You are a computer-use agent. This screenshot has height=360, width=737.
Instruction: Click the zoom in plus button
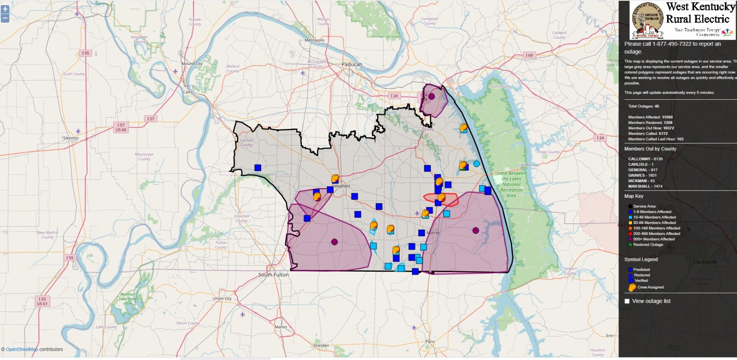pyautogui.click(x=5, y=9)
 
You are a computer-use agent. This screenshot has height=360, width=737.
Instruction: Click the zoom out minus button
pyautogui.click(x=5, y=18)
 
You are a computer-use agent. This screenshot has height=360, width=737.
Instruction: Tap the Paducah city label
pyautogui.click(x=352, y=64)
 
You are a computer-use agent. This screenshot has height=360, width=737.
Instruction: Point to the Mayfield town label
pyautogui.click(x=342, y=186)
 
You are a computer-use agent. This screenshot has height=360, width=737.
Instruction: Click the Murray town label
pyautogui.click(x=433, y=232)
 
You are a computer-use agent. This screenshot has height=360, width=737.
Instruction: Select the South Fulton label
pyautogui.click(x=273, y=275)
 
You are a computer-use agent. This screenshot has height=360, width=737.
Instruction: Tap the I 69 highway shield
pyautogui.click(x=529, y=55)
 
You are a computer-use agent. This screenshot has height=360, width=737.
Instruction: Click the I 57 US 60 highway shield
pyautogui.click(x=121, y=127)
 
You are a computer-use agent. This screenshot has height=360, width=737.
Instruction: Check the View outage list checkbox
pyautogui.click(x=627, y=301)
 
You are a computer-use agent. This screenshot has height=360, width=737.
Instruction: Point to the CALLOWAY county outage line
pyautogui.click(x=645, y=159)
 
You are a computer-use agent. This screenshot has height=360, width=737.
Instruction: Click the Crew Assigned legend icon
pyautogui.click(x=632, y=287)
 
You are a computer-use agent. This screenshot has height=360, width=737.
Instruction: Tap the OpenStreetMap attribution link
pyautogui.click(x=22, y=350)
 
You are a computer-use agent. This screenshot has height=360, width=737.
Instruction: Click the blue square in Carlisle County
pyautogui.click(x=258, y=167)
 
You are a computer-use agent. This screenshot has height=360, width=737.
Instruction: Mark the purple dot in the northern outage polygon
pyautogui.click(x=431, y=96)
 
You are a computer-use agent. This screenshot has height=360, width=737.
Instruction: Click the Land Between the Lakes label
pyautogui.click(x=511, y=184)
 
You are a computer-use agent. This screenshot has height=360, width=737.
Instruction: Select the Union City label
pyautogui.click(x=222, y=298)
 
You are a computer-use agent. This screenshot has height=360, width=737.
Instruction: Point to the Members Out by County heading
pyautogui.click(x=650, y=149)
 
